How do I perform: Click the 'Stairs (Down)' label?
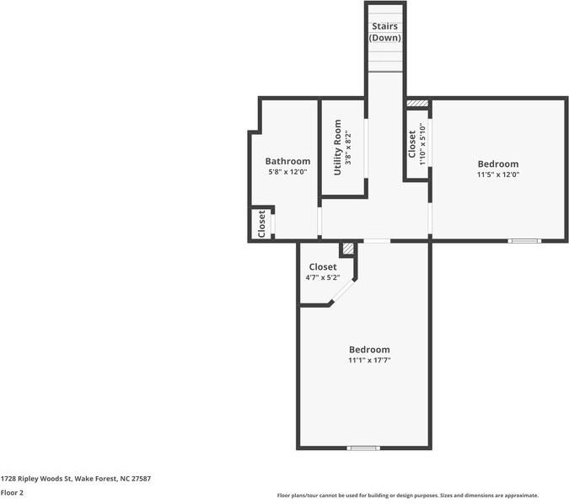tap(385, 32)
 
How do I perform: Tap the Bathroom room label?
tap(287, 161)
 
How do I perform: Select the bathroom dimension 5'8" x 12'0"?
tap(287, 172)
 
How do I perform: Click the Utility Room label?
tap(337, 147)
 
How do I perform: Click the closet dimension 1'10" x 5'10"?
tap(422, 144)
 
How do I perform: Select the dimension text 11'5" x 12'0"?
tap(497, 175)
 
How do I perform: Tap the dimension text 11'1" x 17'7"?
tap(369, 360)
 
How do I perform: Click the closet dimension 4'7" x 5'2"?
tap(322, 277)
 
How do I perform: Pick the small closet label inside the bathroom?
tap(261, 223)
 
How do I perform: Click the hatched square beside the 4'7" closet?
tap(347, 249)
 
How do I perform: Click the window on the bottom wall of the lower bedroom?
tap(364, 448)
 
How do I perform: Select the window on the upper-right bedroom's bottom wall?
tap(523, 241)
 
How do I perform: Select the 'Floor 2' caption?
tap(12, 492)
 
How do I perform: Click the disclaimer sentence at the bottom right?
tap(407, 496)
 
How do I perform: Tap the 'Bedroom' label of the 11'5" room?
tap(497, 164)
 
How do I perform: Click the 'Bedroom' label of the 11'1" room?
tap(369, 349)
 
